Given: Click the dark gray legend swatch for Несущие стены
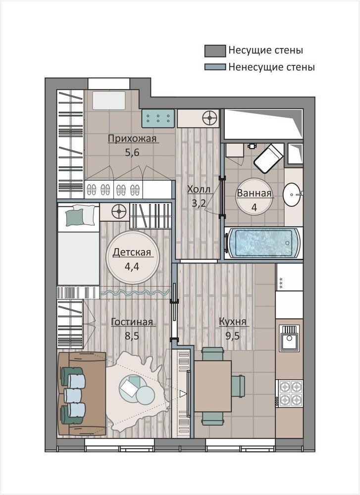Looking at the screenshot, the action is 215,51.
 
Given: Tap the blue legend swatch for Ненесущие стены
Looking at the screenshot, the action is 215,67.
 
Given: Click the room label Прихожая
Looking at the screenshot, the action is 132,139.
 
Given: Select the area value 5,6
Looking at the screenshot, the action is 132,152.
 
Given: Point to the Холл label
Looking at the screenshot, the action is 199,190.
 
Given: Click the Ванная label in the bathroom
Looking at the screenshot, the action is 254,193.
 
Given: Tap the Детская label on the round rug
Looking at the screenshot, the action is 132,252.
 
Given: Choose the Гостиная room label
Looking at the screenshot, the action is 132,322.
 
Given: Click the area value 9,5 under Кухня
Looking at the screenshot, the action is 232,336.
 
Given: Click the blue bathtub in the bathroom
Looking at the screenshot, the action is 263,243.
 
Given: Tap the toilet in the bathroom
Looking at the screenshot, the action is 268,158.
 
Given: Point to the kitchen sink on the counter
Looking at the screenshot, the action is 290,339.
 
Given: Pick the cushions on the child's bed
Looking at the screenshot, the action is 80,215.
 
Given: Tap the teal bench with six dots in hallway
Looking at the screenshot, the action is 158,118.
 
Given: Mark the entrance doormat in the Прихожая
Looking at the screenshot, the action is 109,100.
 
